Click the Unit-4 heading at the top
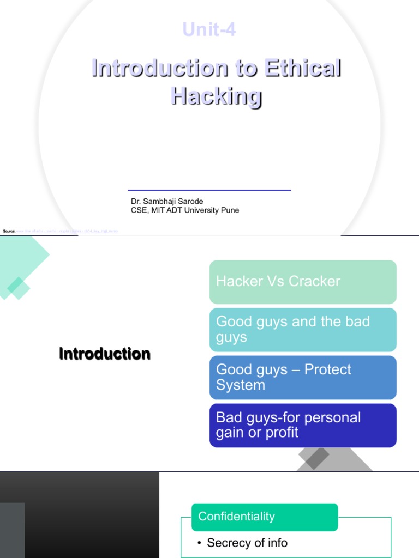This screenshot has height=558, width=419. pyautogui.click(x=209, y=29)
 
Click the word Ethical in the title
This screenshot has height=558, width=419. pyautogui.click(x=303, y=69)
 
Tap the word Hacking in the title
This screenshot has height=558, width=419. pyautogui.click(x=217, y=96)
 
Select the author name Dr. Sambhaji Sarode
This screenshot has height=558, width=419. pyautogui.click(x=167, y=202)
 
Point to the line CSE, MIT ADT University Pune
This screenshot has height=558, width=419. pyautogui.click(x=185, y=210)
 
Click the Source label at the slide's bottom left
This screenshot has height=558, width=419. pyautogui.click(x=9, y=232)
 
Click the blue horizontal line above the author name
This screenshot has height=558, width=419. pyautogui.click(x=209, y=190)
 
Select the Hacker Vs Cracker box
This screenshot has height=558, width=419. pyautogui.click(x=303, y=282)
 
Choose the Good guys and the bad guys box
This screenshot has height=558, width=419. pyautogui.click(x=303, y=330)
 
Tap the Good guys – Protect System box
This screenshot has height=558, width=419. pyautogui.click(x=303, y=377)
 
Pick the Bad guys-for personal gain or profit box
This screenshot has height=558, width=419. pyautogui.click(x=303, y=425)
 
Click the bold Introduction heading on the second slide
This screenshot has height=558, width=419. pyautogui.click(x=105, y=354)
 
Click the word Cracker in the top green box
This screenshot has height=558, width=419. pyautogui.click(x=314, y=281)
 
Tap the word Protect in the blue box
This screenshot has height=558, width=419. pyautogui.click(x=327, y=369)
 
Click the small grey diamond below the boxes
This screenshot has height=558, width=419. pyautogui.click(x=317, y=458)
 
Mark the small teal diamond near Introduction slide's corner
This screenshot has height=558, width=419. pyautogui.click(x=18, y=288)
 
